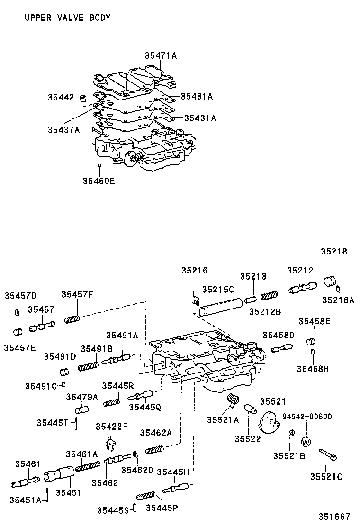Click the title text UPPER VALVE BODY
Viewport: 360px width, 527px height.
pyautogui.click(x=67, y=18)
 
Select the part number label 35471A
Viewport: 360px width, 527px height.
pyautogui.click(x=161, y=56)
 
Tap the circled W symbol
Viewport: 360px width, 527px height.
pyautogui.click(x=306, y=441)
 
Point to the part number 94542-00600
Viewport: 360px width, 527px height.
pyautogui.click(x=307, y=417)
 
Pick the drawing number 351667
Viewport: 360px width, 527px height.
pyautogui.click(x=334, y=517)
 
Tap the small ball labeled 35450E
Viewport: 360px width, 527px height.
pyautogui.click(x=99, y=165)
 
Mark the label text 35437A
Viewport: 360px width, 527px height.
pyautogui.click(x=63, y=129)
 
